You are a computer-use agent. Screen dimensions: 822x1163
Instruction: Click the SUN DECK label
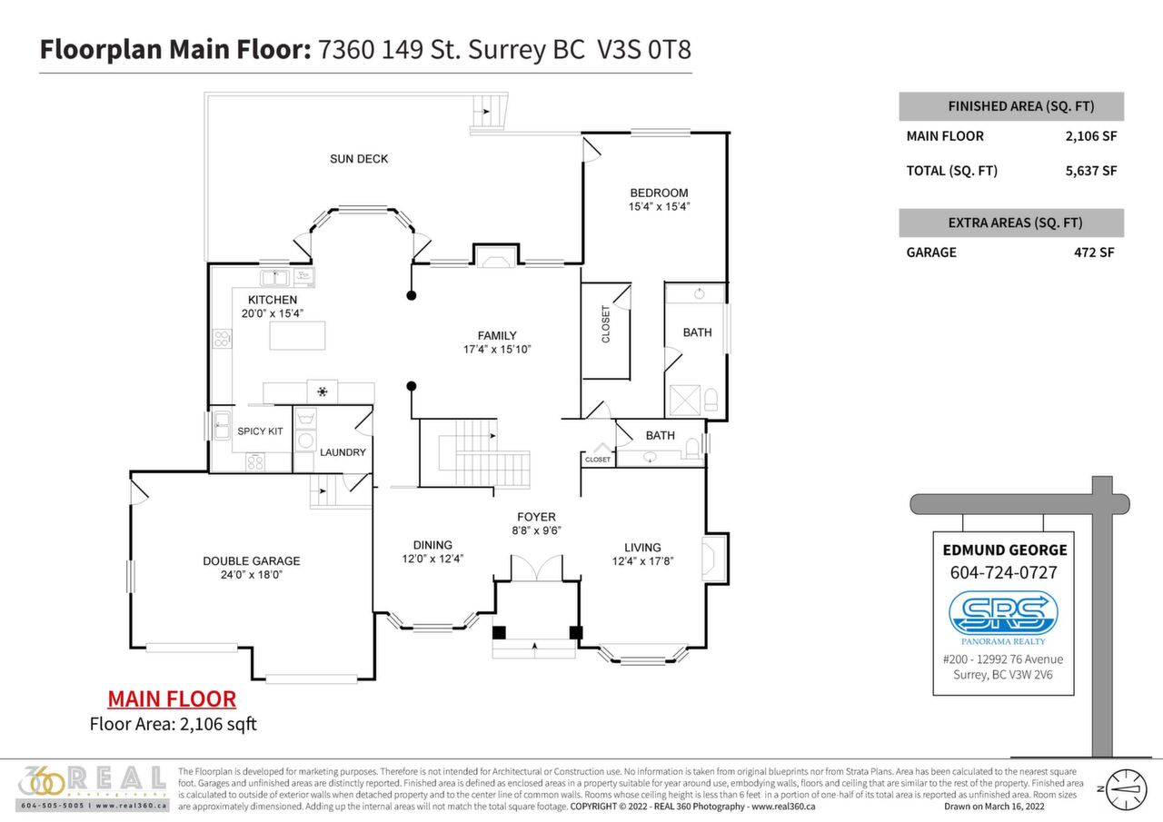pos(359,159)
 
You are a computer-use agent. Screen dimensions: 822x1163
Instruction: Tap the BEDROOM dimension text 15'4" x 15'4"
pos(659,207)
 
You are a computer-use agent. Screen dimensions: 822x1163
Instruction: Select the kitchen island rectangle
pos(297,336)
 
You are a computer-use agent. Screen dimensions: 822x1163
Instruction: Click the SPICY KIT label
pos(260,431)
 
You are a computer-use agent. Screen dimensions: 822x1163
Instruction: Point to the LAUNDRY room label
pos(343,452)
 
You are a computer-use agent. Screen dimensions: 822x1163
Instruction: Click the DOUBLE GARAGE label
pos(251,561)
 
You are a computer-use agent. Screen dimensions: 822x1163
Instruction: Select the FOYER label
pos(536,517)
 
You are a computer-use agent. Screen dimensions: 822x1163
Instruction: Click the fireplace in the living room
pos(714,557)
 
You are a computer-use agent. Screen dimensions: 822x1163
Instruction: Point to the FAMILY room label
pos(497,335)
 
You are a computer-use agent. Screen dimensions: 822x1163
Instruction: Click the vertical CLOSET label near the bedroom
pos(606,324)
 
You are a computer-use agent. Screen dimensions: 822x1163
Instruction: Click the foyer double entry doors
pos(535,569)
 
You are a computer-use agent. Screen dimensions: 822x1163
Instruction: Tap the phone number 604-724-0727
pos(1004,573)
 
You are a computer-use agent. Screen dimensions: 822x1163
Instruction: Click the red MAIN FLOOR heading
pos(172,699)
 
